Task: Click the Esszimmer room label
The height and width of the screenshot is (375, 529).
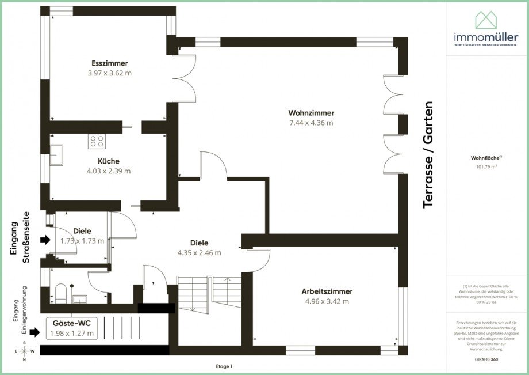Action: [109, 63]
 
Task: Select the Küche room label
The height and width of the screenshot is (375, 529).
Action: [109, 161]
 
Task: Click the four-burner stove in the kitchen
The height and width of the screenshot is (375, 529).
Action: [97, 141]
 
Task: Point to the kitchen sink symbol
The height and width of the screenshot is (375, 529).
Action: [57, 155]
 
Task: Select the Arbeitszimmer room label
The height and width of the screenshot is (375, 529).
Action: [327, 291]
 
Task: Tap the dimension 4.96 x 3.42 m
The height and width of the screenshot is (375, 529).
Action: [327, 301]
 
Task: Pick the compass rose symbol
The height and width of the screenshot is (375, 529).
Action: [24, 351]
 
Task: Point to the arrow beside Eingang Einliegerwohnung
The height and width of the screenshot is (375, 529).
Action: [34, 332]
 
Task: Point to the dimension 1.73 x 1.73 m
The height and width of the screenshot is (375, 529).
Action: [82, 241]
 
